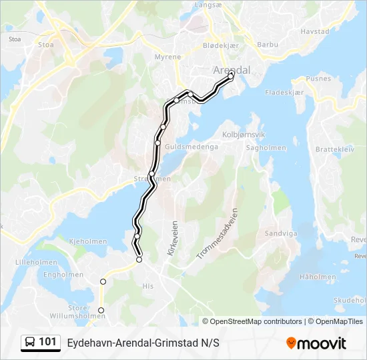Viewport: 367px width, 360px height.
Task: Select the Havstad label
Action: coord(315,31)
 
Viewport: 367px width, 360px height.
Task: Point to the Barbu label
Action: coord(268,45)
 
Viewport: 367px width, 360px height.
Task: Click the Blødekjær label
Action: coord(220,45)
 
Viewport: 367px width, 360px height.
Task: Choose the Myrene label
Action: coord(167,57)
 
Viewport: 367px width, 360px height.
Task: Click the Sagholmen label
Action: coord(266,148)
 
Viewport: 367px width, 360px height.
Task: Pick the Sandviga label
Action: coord(279,234)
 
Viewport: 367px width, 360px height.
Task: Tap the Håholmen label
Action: coord(318,277)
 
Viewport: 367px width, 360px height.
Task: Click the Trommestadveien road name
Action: coord(218,233)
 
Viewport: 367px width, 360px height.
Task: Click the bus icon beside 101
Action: coord(30,343)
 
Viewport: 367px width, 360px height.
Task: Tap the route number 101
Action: coord(48,342)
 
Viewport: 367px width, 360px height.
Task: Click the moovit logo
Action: coord(316,343)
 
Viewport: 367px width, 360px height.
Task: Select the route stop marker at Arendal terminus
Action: coord(232,77)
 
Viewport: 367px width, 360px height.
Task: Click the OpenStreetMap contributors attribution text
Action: coord(256,321)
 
